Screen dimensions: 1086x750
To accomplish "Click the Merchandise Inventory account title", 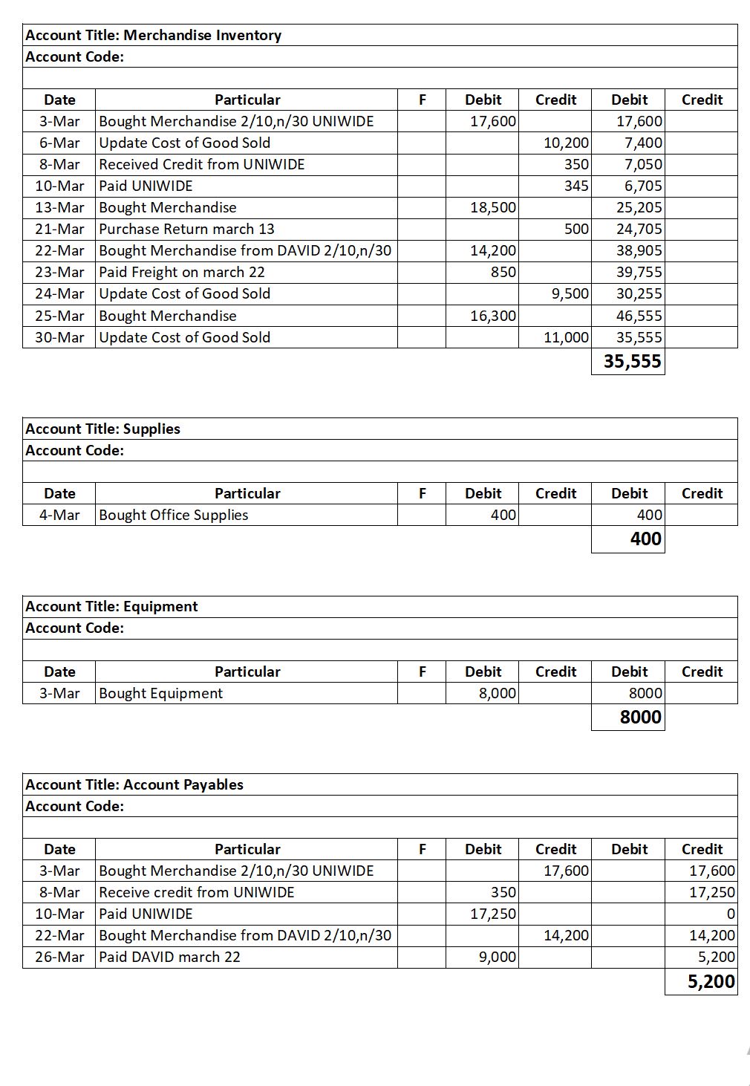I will pos(153,35).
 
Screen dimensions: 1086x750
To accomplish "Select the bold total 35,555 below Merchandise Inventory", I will pos(632,362).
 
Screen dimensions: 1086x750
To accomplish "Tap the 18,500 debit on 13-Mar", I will pos(493,207).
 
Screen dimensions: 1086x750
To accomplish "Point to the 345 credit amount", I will pos(576,186).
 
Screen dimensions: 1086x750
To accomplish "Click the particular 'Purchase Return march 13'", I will pos(186,229).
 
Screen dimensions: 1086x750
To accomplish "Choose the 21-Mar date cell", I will pos(59,229).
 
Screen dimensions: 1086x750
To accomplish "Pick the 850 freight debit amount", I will pos(503,272).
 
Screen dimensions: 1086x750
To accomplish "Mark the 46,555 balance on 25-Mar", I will pos(639,316).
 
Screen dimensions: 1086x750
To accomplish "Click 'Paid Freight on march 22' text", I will pos(182,272).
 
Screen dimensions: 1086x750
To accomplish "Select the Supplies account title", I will pos(102,429).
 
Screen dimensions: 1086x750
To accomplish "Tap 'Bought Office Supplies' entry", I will pos(173,515).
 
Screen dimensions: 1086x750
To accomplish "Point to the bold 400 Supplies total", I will pos(645,539).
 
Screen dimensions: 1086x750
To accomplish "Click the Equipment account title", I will pos(111,606).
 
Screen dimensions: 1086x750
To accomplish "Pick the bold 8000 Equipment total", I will pos(640,717).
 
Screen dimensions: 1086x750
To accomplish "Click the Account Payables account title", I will pos(134,784).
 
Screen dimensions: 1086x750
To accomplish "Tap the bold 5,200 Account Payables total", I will pos(711,981).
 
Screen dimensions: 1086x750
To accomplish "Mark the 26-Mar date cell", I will pos(59,957).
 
